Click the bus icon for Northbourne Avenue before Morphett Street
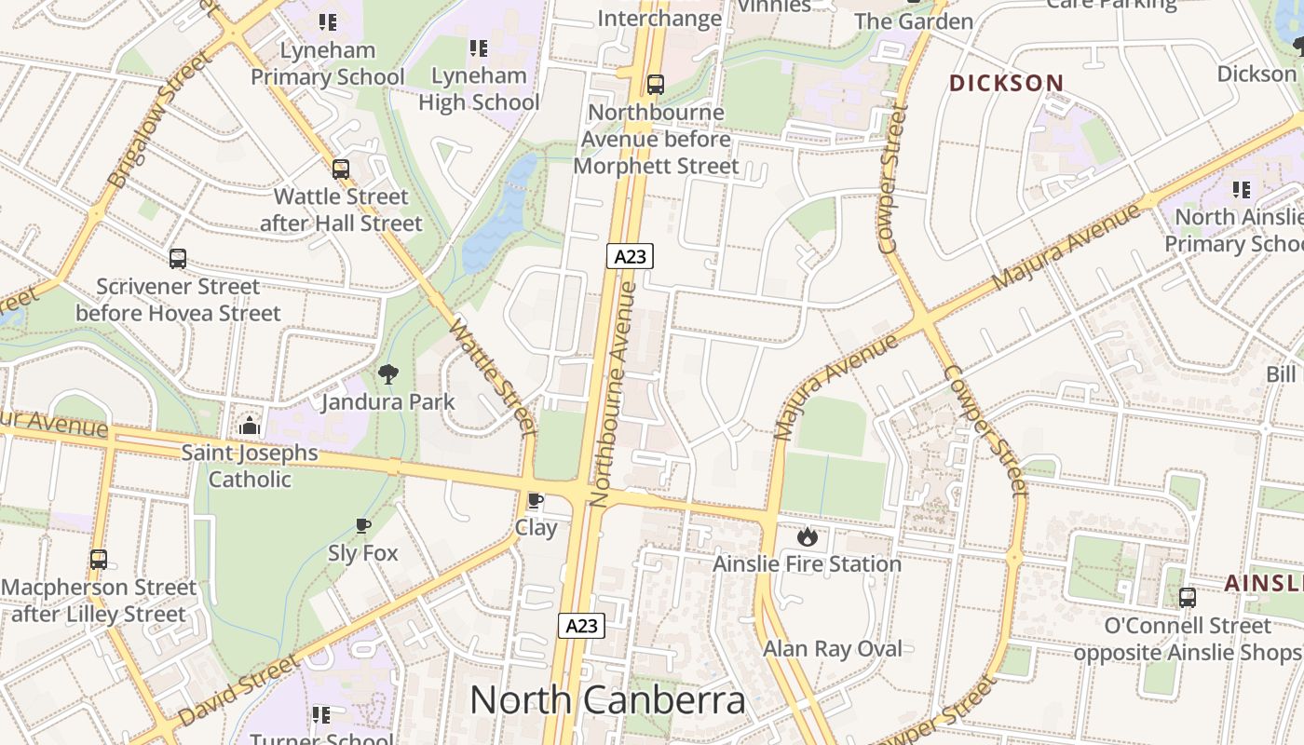[x=656, y=85]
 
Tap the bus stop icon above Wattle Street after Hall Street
[x=341, y=169]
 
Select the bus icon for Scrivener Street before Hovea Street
[x=178, y=259]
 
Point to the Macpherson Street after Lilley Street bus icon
[x=99, y=560]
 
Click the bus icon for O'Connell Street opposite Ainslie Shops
[x=1188, y=598]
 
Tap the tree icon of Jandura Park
[x=388, y=374]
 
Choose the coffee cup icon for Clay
[x=536, y=501]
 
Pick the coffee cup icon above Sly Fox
[x=363, y=526]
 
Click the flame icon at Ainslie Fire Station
[x=807, y=536]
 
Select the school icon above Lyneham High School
[x=479, y=48]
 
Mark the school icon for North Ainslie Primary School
[x=1242, y=190]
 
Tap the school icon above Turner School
[x=321, y=715]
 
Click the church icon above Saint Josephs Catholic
[x=250, y=427]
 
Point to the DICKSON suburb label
[x=1006, y=83]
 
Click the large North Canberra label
[x=607, y=700]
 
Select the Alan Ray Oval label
[x=833, y=649]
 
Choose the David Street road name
[x=238, y=691]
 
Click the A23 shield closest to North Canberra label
[x=581, y=626]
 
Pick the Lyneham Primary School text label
[x=328, y=63]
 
